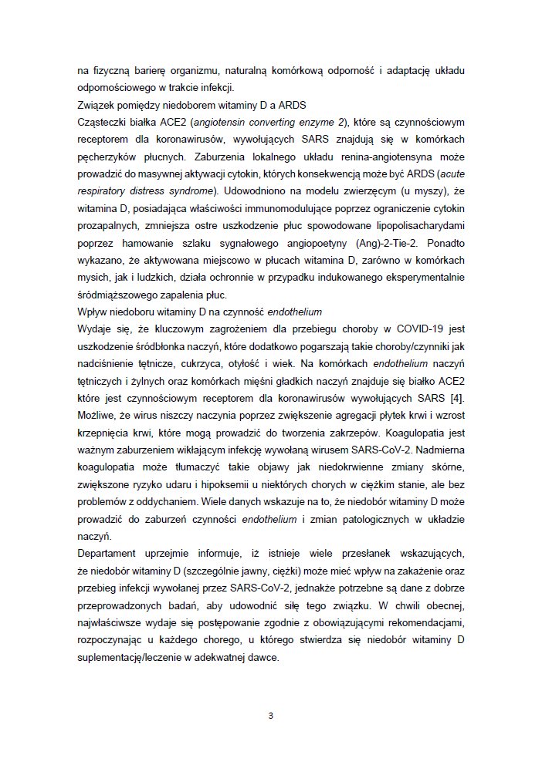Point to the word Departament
(107, 553)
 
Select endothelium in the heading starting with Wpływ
(296, 312)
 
